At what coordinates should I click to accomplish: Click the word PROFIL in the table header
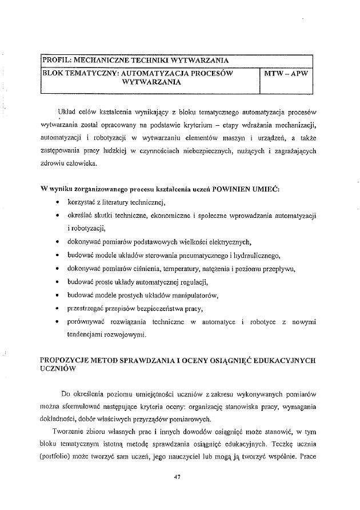coord(55,59)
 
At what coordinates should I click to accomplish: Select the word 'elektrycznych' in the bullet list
coord(227,242)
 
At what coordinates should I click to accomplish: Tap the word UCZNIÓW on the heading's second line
coord(57,370)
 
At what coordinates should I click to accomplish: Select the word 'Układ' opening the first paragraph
coord(67,110)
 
